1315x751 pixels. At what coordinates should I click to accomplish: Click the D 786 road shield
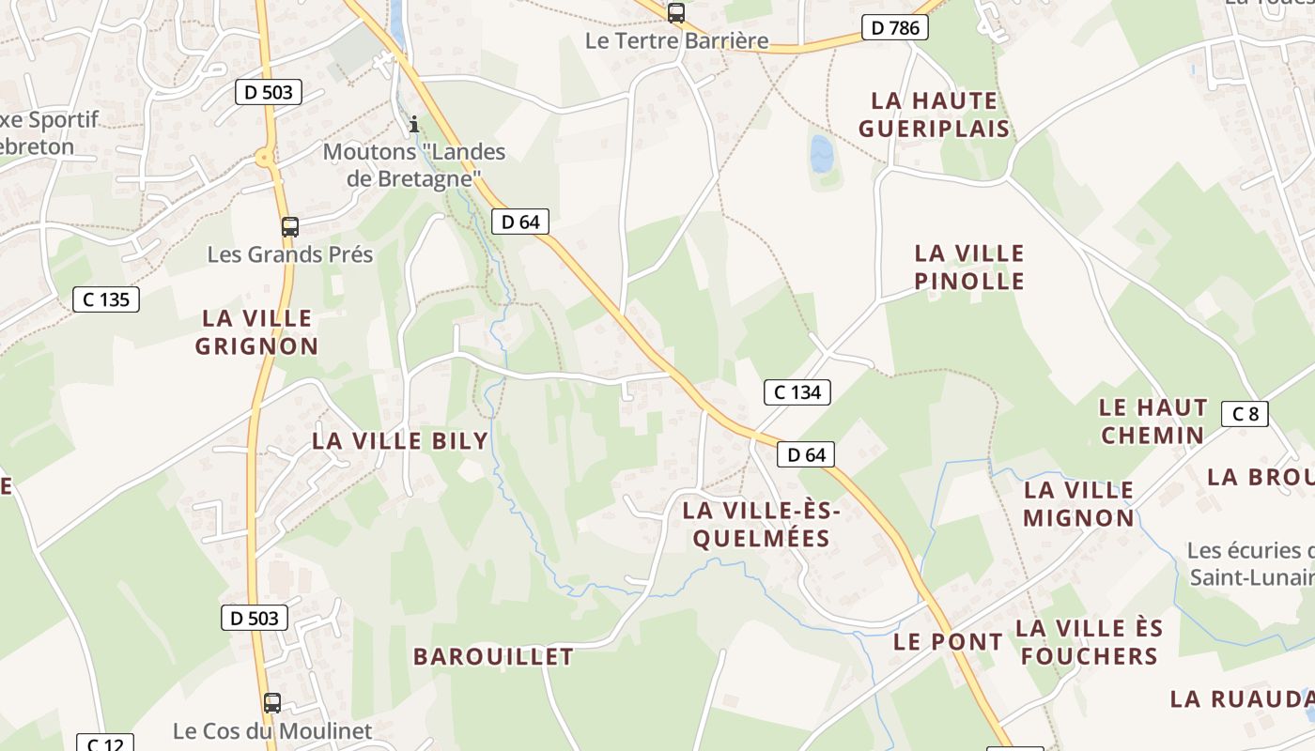point(894,28)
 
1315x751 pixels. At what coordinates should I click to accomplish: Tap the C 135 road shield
point(106,299)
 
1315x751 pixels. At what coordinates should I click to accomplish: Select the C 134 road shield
point(797,391)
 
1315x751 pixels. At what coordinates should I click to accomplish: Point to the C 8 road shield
point(1245,413)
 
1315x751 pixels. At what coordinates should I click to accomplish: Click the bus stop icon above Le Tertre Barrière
point(675,12)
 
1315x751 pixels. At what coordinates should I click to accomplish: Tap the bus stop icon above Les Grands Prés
point(290,226)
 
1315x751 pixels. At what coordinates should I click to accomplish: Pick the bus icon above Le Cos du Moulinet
point(272,702)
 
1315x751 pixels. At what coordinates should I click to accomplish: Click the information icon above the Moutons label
point(414,124)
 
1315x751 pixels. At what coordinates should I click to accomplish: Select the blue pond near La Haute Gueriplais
point(822,154)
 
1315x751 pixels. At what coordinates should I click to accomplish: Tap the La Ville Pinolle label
point(969,267)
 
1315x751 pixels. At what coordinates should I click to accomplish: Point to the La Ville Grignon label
point(256,331)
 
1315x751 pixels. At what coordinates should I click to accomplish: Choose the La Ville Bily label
point(400,440)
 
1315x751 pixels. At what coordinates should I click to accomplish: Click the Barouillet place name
point(493,656)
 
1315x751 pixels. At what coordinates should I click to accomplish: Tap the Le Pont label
point(948,642)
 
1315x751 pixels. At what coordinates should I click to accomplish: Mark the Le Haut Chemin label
point(1153,421)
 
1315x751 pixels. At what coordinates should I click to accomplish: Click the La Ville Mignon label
point(1078,503)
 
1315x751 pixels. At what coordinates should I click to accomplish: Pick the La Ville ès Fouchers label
point(1090,641)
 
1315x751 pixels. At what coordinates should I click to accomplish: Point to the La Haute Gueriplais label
point(934,114)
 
